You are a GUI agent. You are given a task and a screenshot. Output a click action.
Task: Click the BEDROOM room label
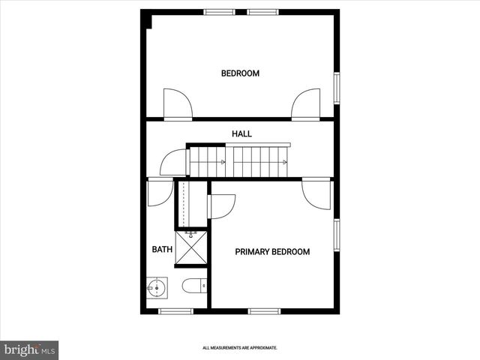(240, 73)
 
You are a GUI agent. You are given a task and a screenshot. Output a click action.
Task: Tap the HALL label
(241, 133)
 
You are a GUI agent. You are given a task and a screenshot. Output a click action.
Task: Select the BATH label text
(162, 250)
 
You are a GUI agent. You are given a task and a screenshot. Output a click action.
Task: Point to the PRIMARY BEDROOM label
(272, 252)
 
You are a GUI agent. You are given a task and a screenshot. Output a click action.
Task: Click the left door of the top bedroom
(178, 104)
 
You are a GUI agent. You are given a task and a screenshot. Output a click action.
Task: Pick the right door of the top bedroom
(306, 104)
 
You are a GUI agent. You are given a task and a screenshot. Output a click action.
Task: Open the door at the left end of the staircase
(173, 162)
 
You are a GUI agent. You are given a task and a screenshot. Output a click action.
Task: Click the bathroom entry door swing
(160, 193)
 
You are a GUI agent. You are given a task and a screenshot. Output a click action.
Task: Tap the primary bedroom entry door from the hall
(316, 193)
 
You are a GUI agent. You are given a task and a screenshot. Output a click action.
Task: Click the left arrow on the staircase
(222, 162)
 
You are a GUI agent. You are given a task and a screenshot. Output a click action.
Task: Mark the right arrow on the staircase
(283, 162)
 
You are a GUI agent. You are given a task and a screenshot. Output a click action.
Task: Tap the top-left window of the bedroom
(219, 12)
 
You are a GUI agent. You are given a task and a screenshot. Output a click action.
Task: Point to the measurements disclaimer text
(240, 348)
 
